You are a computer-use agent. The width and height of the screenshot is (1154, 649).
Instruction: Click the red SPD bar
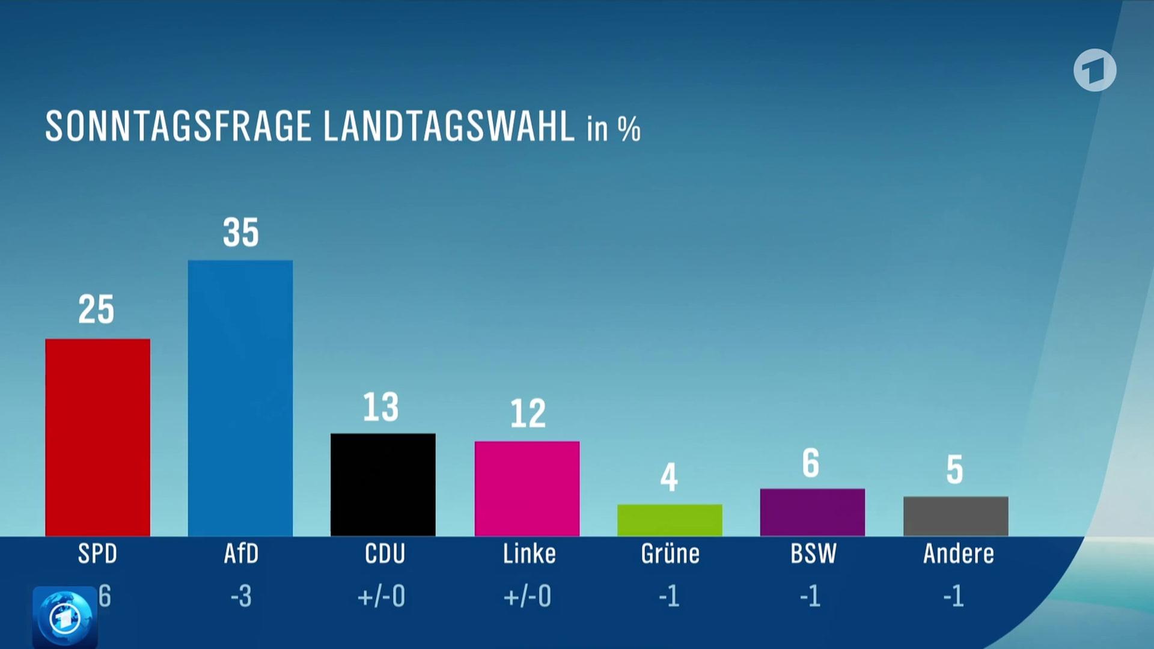(x=97, y=437)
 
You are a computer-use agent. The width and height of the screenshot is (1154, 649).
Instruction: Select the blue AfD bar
(x=240, y=398)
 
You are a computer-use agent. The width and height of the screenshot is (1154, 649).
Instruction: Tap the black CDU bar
(x=383, y=484)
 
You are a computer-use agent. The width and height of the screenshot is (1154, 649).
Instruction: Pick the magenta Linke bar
(x=527, y=488)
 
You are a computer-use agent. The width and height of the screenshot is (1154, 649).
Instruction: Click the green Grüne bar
(x=670, y=520)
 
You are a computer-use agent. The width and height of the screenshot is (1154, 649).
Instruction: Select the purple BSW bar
(x=812, y=512)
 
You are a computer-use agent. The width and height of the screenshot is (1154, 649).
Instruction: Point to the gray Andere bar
(x=956, y=516)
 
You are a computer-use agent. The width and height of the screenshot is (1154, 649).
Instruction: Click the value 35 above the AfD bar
(x=240, y=233)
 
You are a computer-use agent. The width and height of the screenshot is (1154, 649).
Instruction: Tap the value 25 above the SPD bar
(x=96, y=310)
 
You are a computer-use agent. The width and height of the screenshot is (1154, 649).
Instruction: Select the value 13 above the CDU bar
(x=380, y=407)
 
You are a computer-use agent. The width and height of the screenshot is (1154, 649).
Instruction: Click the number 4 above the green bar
(x=669, y=478)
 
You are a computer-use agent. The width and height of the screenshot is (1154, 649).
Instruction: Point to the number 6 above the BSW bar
(x=811, y=463)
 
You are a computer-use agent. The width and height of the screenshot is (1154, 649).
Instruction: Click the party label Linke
(x=529, y=553)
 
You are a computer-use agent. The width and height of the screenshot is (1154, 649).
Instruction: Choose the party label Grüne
(x=670, y=553)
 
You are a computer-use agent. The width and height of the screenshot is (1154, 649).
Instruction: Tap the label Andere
(x=958, y=553)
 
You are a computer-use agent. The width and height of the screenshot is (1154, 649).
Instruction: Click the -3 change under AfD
(x=241, y=596)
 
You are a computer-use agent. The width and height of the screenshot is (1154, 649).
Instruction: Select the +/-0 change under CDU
(x=381, y=596)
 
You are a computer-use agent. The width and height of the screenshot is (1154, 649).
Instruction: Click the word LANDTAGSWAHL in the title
(x=448, y=126)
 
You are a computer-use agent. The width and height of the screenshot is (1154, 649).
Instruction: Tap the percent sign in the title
(x=629, y=129)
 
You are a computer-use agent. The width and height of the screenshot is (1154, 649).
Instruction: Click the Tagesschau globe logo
(x=65, y=617)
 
